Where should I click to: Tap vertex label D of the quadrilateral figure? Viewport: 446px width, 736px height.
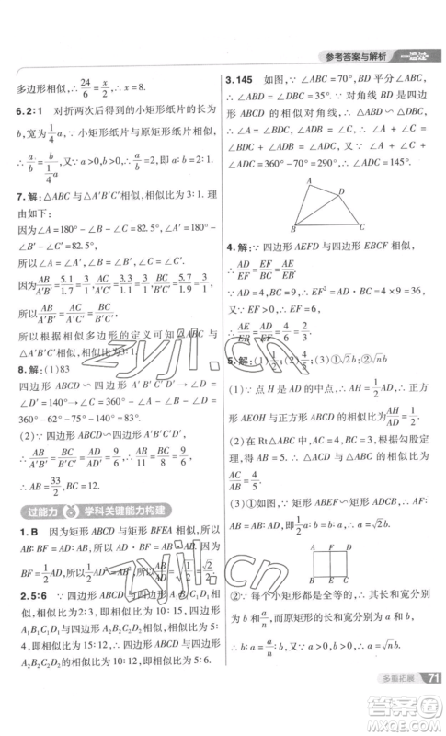coord(343,191)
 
